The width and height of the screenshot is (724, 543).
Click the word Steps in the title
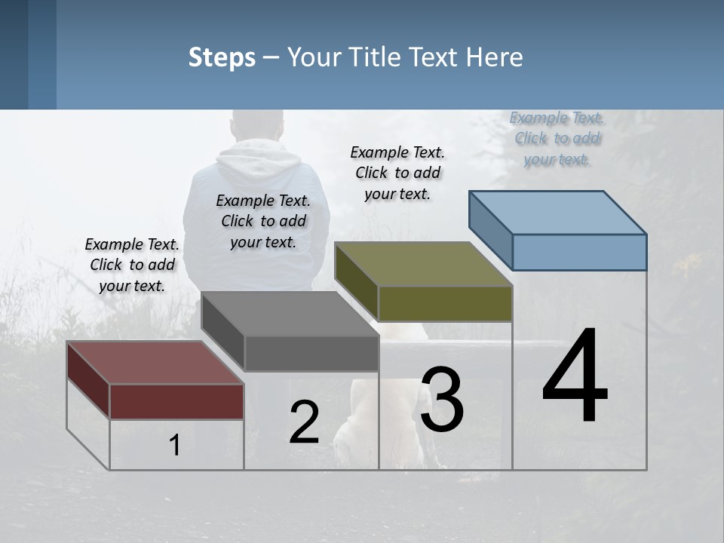222,57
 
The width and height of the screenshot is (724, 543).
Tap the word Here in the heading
495,57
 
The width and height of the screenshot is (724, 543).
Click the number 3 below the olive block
441,400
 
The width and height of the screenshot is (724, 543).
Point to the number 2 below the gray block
304,422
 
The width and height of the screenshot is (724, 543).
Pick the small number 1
175,445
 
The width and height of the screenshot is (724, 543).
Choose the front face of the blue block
579,252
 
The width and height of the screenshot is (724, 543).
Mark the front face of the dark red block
176,401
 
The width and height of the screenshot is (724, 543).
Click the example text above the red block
132,265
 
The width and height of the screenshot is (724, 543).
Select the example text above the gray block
263,221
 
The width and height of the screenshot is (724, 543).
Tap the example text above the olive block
397,173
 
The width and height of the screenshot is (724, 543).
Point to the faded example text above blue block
557,138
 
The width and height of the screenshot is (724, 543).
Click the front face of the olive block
445,303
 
